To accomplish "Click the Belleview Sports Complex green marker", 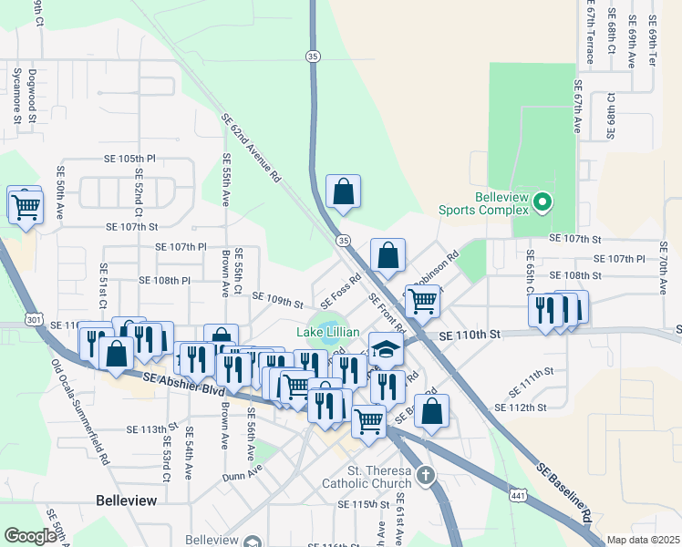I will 542,201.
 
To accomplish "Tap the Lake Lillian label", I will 328,332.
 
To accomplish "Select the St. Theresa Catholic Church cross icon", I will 425,475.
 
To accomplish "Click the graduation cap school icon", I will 387,348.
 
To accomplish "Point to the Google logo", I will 30,536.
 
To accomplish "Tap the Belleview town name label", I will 127,501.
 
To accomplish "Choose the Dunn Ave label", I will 243,472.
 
